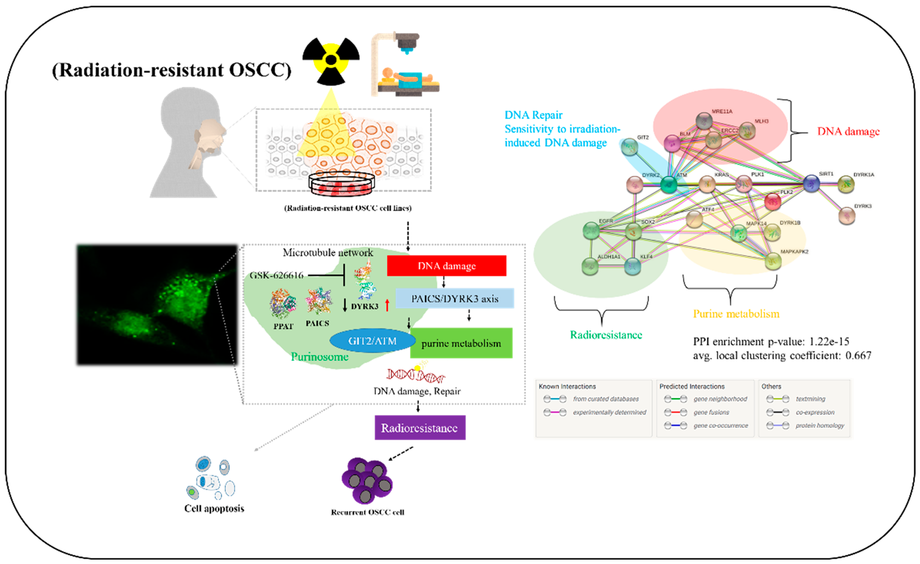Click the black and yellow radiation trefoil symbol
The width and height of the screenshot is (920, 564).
[x=331, y=60]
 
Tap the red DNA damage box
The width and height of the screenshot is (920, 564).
[x=447, y=266]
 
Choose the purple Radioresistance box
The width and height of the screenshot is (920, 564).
[x=420, y=428]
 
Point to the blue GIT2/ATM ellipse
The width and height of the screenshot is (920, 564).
[x=372, y=341]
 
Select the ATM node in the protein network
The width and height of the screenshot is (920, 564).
[x=669, y=184]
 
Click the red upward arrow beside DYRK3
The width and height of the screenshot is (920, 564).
[x=387, y=305]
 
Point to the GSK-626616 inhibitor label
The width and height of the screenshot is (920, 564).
[x=277, y=275]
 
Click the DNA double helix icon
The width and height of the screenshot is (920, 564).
[x=415, y=375]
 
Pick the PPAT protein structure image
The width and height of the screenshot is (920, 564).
[x=283, y=304]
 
